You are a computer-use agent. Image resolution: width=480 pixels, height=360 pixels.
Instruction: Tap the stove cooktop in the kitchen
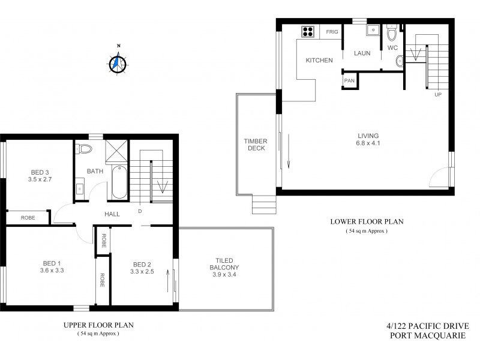308,31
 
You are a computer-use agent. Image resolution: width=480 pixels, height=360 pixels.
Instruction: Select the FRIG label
332,32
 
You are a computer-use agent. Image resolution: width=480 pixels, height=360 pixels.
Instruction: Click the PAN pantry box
349,79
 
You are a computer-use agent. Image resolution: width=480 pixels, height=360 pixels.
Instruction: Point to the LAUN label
362,53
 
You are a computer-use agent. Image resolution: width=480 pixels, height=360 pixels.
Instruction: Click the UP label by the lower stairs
437,95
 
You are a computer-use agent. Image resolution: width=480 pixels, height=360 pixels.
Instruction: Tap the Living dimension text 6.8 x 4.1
368,143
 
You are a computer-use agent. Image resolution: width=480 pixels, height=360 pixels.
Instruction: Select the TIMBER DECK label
255,145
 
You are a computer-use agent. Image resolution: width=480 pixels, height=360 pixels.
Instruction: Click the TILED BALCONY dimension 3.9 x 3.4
225,275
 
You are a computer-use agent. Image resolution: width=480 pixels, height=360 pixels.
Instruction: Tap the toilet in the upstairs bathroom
83,149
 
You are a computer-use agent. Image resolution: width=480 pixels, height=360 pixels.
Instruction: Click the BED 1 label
52,263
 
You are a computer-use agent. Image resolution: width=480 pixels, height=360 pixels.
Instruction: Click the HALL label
112,214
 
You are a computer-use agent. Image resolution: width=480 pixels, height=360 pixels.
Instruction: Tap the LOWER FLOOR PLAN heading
367,221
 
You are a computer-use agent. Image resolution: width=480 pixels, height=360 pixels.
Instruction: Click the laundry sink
372,29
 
